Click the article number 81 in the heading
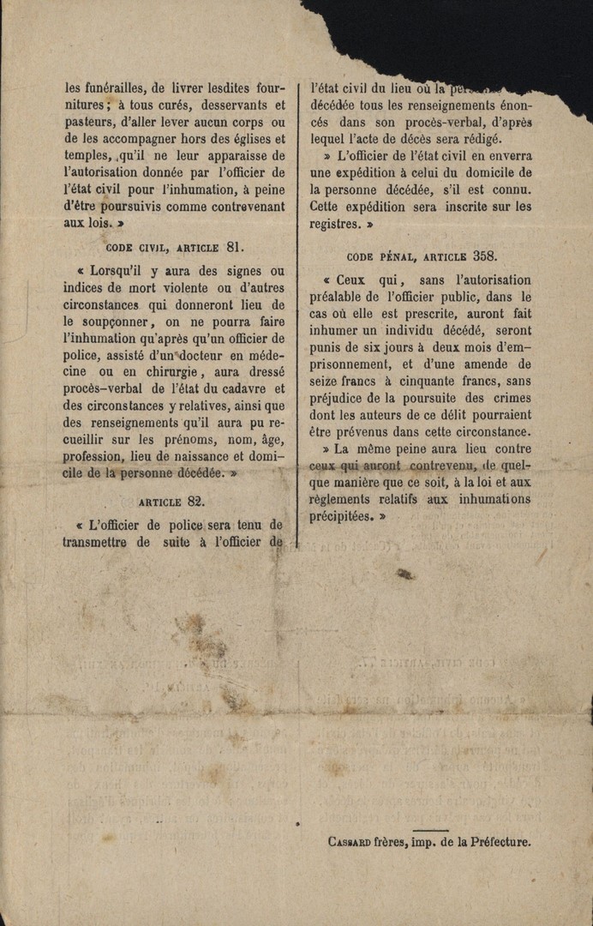[x=234, y=247]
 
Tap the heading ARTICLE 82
[x=171, y=501]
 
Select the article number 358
[x=485, y=256]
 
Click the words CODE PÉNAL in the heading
[x=379, y=256]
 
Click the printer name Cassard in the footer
[x=349, y=842]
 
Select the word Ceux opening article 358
[x=351, y=280]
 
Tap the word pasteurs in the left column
[x=87, y=122]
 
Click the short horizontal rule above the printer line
[x=429, y=829]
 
